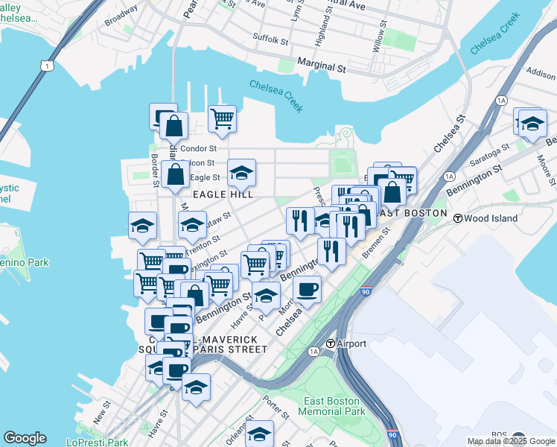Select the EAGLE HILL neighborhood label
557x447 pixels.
tap(223, 194)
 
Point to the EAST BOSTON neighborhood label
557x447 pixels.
tap(414, 213)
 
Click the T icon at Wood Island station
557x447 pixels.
tap(459, 218)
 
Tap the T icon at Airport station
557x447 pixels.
tap(331, 343)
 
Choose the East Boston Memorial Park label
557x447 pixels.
tap(334, 406)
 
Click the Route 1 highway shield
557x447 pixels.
tap(48, 66)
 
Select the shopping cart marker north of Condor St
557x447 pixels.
tap(222, 118)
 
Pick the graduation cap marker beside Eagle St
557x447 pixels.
tap(241, 173)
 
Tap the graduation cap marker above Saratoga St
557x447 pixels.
tap(532, 123)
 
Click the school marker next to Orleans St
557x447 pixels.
tap(259, 433)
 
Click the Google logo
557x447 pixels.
tap(25, 438)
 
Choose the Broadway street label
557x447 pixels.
tap(121, 16)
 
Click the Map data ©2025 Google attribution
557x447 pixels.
tap(511, 441)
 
